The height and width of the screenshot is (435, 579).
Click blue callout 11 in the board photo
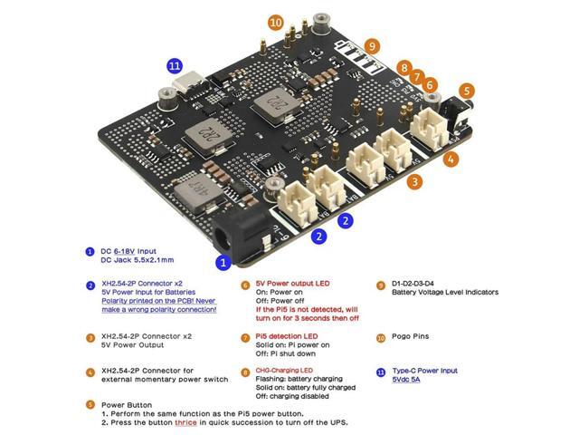coord(175,65)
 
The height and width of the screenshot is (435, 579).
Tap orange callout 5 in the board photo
coord(467,91)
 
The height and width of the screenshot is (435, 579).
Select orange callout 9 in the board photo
coord(372,47)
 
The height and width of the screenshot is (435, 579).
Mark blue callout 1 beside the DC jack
coord(223,263)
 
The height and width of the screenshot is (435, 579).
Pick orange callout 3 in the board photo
coord(414,181)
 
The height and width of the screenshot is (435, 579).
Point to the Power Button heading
coord(127,405)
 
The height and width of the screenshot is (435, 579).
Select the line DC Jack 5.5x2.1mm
coord(138,260)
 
